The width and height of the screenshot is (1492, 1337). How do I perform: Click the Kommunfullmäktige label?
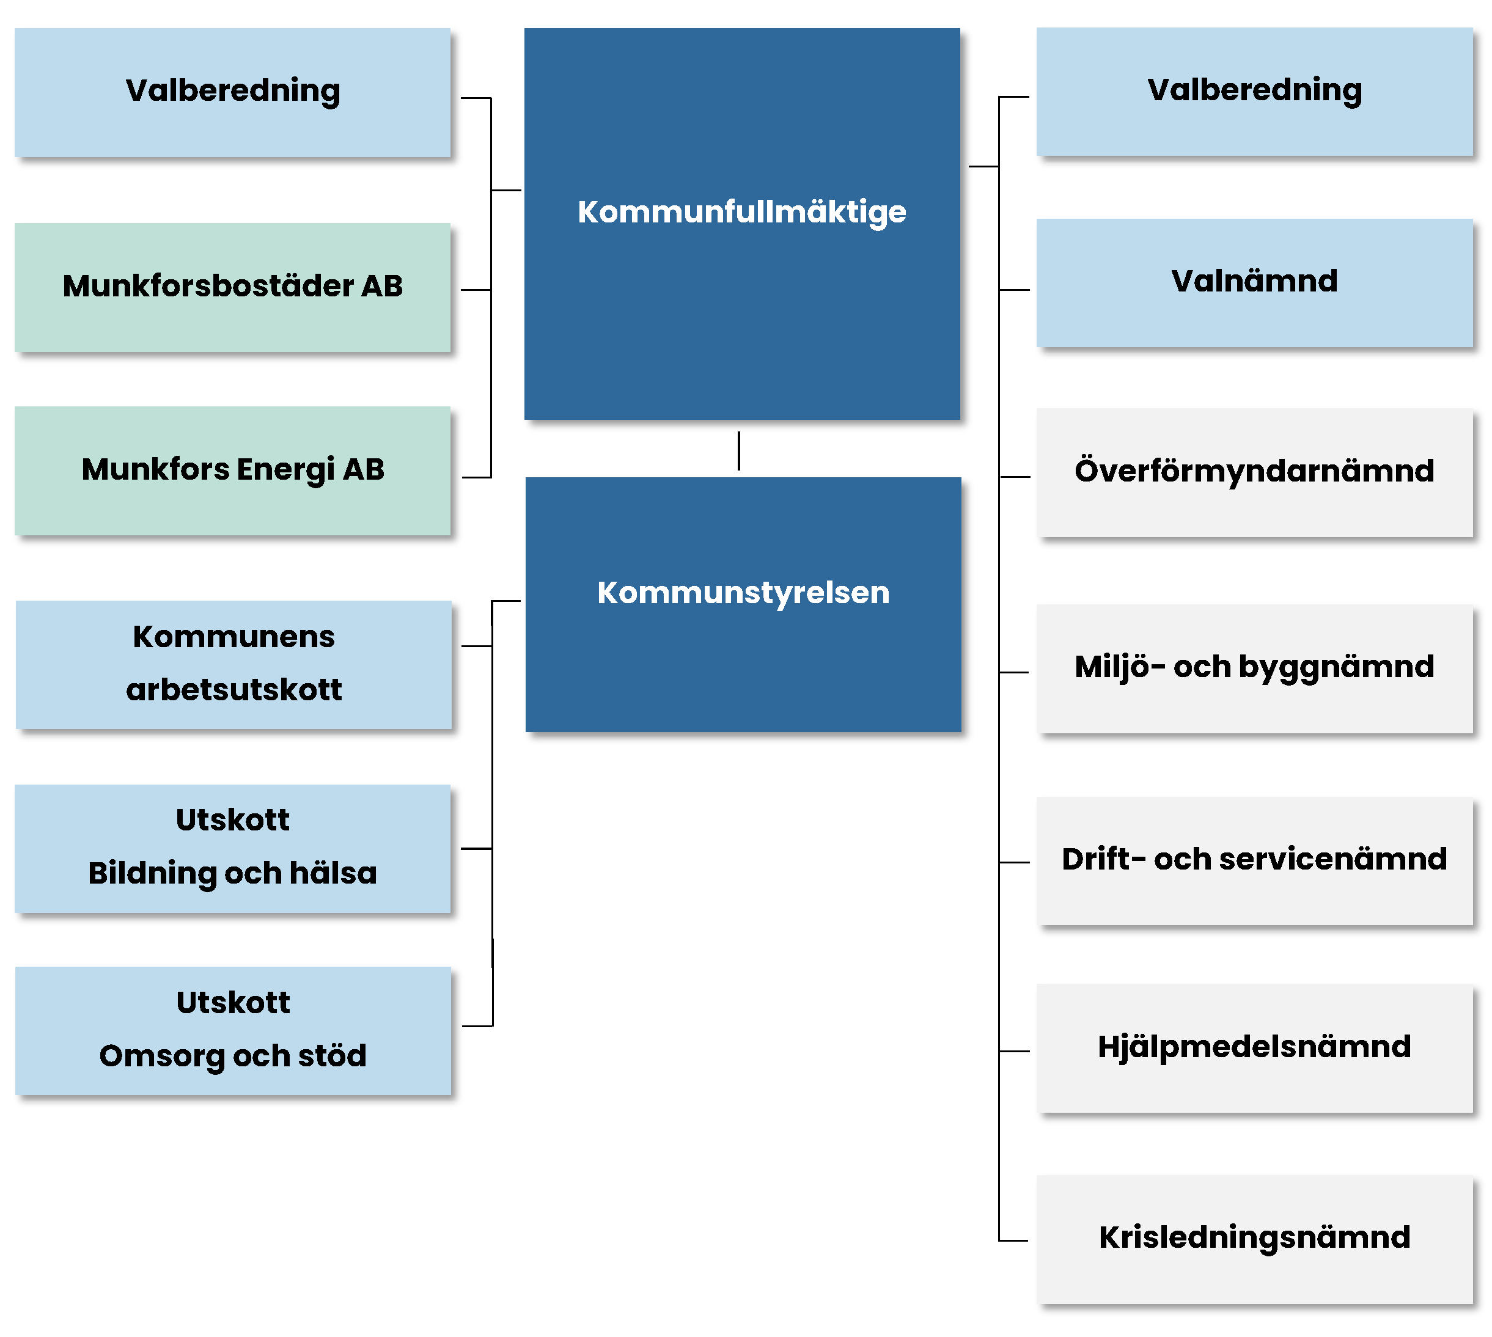pos(741,212)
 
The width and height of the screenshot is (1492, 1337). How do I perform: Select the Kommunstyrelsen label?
pos(743,593)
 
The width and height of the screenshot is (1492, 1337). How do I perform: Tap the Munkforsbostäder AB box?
pos(232,287)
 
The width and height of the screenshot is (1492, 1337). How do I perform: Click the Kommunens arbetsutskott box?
pos(233,665)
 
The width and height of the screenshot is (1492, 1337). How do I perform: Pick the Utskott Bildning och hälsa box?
pos(232,849)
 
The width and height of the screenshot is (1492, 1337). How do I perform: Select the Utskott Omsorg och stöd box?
pos(233,1031)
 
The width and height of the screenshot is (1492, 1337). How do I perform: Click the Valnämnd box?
pos(1254,283)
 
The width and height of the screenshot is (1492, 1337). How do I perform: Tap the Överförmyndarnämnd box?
pos(1254,472)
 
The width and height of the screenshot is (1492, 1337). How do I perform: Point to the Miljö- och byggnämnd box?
pos(1254,668)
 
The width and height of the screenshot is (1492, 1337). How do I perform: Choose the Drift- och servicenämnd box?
pos(1254,861)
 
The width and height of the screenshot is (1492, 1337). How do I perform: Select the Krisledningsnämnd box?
pos(1254,1239)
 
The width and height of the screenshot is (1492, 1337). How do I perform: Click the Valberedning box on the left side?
pos(232,92)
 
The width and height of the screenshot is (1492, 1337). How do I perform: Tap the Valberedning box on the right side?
pos(1254,92)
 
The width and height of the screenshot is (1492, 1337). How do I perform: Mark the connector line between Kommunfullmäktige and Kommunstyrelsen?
pos(738,450)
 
